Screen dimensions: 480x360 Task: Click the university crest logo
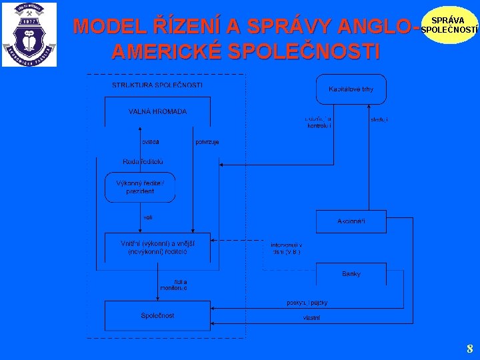pyautogui.click(x=29, y=34)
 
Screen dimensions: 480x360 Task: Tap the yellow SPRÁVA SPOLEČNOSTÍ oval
pyautogui.click(x=450, y=25)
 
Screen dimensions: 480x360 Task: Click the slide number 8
pyautogui.click(x=469, y=348)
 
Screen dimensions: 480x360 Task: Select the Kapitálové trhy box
pyautogui.click(x=351, y=89)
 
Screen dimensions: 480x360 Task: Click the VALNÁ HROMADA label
pyautogui.click(x=157, y=111)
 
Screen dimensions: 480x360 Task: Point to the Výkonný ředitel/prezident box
pyautogui.click(x=140, y=187)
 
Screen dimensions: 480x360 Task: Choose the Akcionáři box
pyautogui.click(x=351, y=221)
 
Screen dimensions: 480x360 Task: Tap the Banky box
pyautogui.click(x=351, y=274)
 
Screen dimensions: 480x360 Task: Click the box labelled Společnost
pyautogui.click(x=157, y=315)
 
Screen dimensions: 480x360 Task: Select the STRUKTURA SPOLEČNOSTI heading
pyautogui.click(x=157, y=85)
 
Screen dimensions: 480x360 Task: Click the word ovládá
pyautogui.click(x=149, y=142)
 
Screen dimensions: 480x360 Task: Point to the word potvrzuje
pyautogui.click(x=207, y=142)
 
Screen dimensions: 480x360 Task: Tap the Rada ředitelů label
pyautogui.click(x=143, y=161)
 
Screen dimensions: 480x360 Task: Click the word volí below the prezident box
pyautogui.click(x=147, y=217)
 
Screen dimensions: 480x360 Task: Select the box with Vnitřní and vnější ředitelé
pyautogui.click(x=157, y=247)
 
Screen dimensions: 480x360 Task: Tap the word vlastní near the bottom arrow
pyautogui.click(x=311, y=318)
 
